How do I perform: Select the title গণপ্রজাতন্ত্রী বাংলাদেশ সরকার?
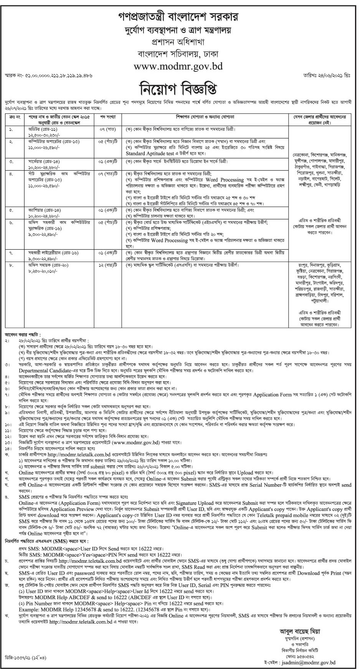pyautogui.click(x=179, y=17)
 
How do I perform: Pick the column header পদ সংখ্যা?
pyautogui.click(x=108, y=115)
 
